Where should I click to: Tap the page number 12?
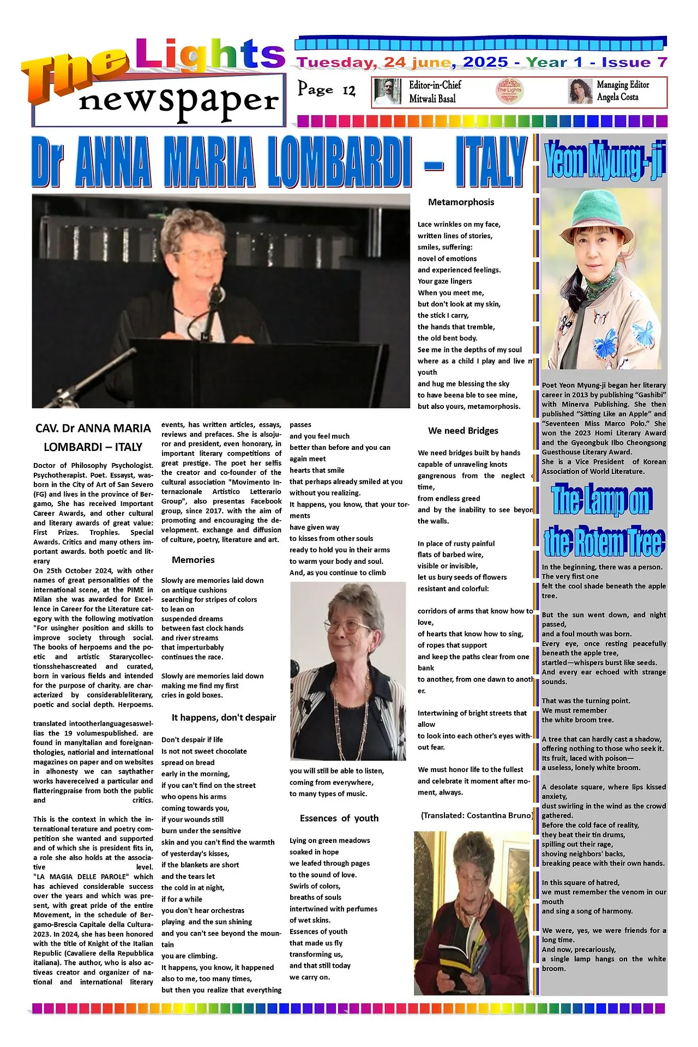(x=349, y=90)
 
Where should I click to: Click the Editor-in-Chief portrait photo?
(x=388, y=92)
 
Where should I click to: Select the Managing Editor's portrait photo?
(x=580, y=92)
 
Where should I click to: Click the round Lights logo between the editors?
(x=509, y=92)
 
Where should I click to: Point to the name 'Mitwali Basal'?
(x=432, y=99)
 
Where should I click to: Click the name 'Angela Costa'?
(x=617, y=97)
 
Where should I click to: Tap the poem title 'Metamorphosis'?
(x=461, y=202)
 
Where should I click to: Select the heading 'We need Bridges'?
(x=463, y=431)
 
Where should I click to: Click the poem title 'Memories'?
(x=193, y=560)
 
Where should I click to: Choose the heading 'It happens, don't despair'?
(x=224, y=718)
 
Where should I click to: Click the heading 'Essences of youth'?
(x=339, y=818)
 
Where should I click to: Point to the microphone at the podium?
(x=216, y=294)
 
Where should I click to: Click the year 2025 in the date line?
(x=486, y=62)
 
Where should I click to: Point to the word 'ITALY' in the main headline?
(x=490, y=162)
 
